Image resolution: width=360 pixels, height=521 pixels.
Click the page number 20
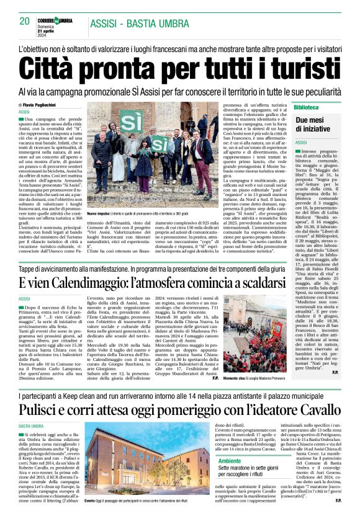point(25,22)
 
